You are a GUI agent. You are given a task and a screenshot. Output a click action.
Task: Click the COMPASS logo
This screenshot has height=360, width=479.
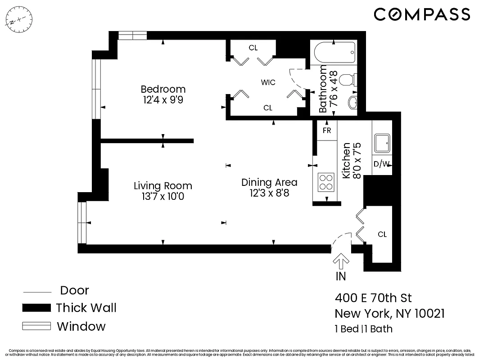tap(422, 14)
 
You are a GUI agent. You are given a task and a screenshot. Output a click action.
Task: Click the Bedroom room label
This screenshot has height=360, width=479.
tap(163, 89)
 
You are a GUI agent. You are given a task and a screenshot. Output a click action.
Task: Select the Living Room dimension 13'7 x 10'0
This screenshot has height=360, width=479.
tap(163, 197)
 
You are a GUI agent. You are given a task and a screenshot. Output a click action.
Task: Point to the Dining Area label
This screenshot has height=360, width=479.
tap(269, 182)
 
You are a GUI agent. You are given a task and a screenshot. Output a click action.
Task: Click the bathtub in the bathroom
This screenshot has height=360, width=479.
tap(334, 54)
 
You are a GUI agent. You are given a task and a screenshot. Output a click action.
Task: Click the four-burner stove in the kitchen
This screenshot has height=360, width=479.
tap(326, 182)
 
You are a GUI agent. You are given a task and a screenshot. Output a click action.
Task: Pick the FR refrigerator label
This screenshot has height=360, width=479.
tap(327, 130)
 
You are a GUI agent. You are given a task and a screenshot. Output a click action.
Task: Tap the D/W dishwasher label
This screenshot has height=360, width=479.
tap(382, 164)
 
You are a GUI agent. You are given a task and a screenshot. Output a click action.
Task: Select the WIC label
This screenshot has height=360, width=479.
tap(268, 82)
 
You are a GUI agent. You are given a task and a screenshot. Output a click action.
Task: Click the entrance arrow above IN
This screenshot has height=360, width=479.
tap(341, 261)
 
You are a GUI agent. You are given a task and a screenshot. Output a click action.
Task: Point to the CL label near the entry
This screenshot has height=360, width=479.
tap(382, 234)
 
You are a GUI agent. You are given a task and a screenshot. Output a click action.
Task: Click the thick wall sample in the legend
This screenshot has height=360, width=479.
tap(36, 308)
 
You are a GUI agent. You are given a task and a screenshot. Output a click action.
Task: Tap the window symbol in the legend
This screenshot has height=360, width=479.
tap(36, 326)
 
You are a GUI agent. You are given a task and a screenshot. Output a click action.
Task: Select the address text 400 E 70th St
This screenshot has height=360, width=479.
tap(373, 298)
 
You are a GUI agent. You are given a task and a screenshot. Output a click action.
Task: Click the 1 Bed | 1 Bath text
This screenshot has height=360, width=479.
tap(363, 329)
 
